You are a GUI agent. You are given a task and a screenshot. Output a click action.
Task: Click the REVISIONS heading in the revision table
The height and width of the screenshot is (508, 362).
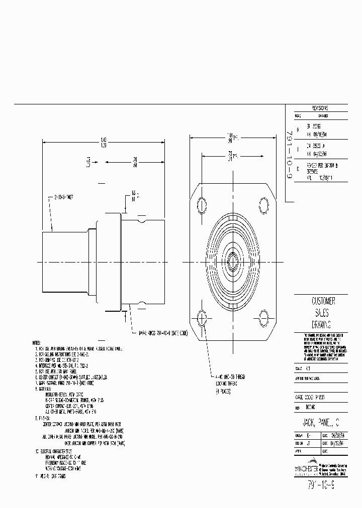(320, 108)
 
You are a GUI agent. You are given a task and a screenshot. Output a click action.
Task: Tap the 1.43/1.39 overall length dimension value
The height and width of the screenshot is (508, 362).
(104, 142)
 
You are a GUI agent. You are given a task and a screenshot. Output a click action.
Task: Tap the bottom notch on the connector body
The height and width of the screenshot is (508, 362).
(144, 303)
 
